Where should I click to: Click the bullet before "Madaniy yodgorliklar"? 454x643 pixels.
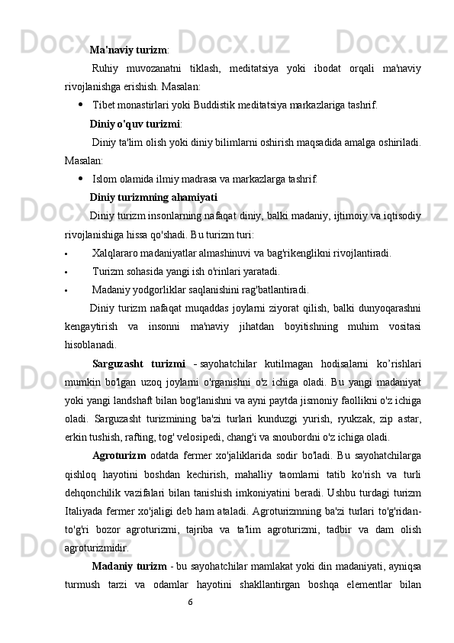67,289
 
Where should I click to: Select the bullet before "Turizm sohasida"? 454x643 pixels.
67,271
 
